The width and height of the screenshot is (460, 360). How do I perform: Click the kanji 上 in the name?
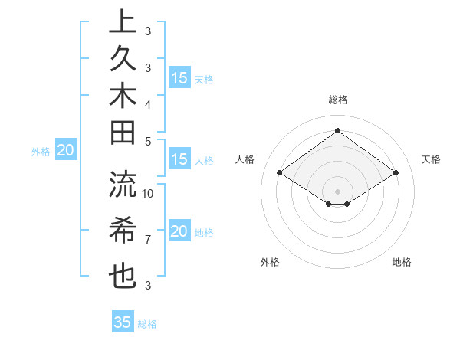click(123, 21)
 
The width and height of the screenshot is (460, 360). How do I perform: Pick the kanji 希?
click(123, 230)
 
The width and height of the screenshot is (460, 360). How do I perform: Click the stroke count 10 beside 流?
click(149, 193)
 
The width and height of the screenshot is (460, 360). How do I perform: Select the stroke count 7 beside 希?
click(148, 240)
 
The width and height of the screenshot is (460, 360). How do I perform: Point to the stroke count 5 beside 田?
click(148, 141)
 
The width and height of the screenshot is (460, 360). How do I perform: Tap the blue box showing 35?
click(123, 322)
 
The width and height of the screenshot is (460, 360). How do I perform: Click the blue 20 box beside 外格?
click(66, 151)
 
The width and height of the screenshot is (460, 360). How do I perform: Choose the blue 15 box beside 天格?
click(179, 78)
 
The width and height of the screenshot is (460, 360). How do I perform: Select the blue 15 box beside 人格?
click(179, 160)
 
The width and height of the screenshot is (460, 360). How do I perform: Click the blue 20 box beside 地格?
click(179, 231)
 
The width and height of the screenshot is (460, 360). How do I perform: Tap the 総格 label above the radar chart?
click(338, 100)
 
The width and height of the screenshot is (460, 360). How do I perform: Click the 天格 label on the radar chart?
click(432, 159)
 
